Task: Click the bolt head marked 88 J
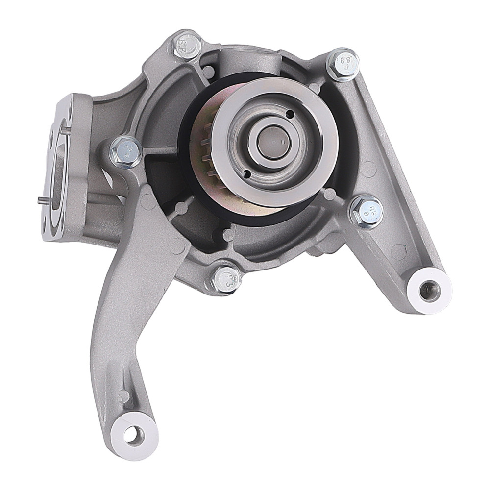tap(342, 64)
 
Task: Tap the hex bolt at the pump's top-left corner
tap(188, 45)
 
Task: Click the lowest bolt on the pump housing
tap(225, 280)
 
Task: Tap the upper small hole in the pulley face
tap(290, 114)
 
